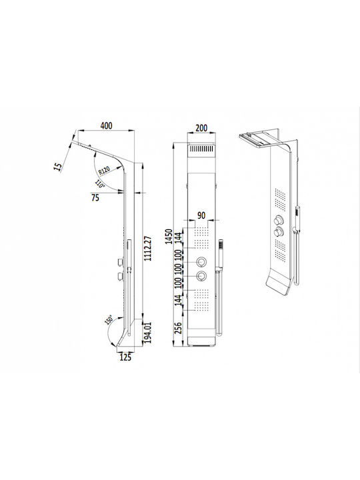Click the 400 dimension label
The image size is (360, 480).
106,125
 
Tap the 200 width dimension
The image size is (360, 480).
201,127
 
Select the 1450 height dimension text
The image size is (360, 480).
169,236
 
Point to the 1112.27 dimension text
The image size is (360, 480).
148,248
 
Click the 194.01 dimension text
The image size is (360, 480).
148,332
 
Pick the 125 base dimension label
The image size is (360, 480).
125,357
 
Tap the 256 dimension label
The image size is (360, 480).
178,328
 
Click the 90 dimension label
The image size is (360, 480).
201,215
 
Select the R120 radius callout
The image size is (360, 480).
104,171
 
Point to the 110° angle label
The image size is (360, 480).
100,184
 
